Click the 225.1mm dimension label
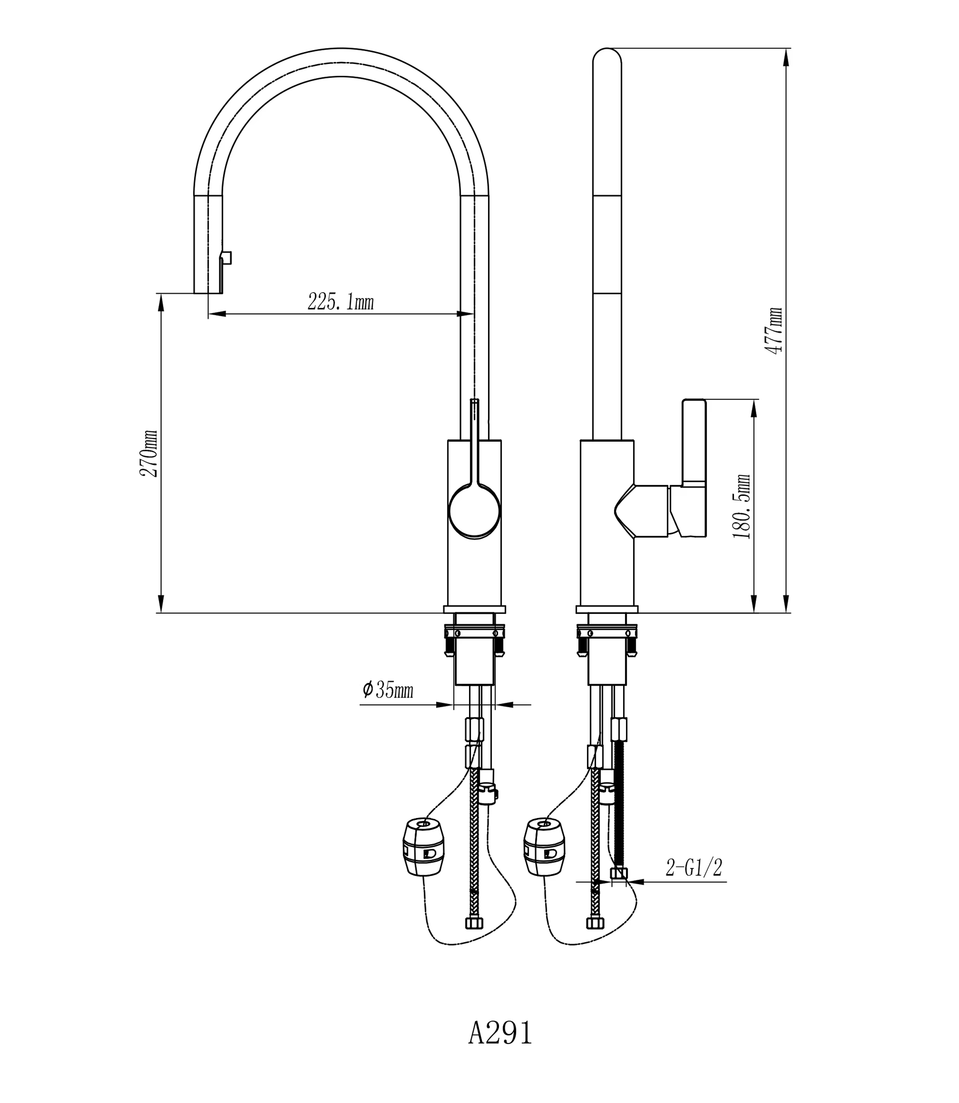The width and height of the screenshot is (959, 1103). tap(340, 302)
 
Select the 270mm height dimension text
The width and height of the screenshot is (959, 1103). tap(149, 453)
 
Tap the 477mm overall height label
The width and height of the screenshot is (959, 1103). tap(774, 330)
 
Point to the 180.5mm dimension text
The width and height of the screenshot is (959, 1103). tap(743, 506)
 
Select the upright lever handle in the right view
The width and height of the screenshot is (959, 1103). tap(694, 441)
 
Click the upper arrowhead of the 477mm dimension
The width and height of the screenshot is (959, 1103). tap(786, 56)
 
